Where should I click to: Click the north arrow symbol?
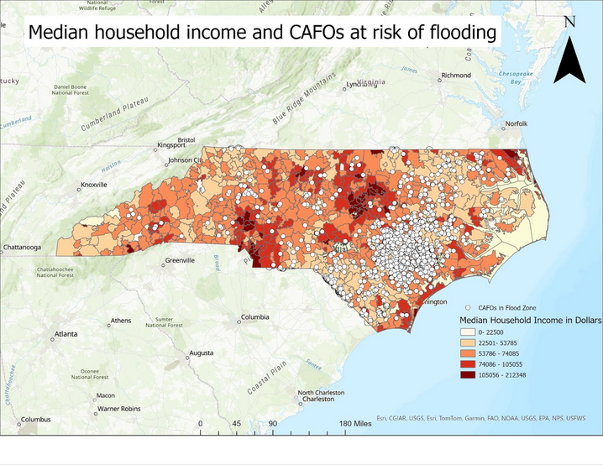click(569, 57)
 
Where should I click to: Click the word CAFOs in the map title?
click(322, 34)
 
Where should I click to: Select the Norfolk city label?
click(516, 124)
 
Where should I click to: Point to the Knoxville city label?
click(93, 185)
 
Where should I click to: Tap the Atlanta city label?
click(66, 334)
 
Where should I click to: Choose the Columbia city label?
click(254, 317)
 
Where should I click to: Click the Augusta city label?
click(202, 353)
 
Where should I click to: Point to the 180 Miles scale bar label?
click(356, 424)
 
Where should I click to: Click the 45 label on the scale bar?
click(236, 424)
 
